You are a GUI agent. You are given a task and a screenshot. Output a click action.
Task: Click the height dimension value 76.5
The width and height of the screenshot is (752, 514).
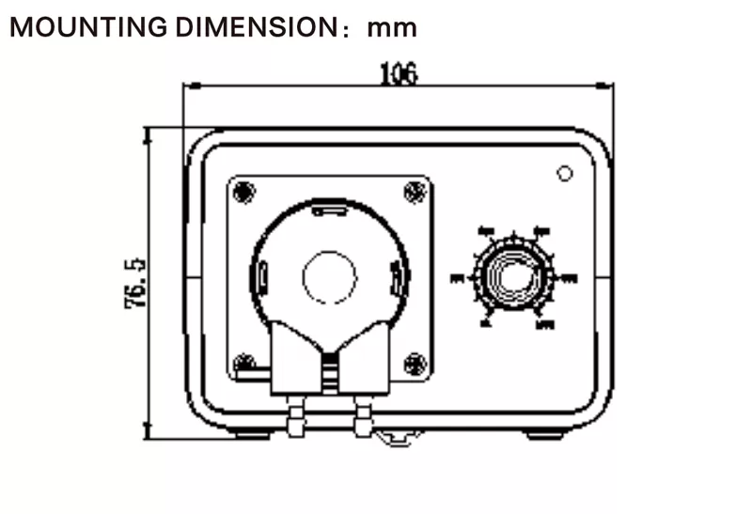coord(134,283)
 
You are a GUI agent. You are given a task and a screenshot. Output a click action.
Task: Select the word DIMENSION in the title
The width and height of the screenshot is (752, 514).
coord(253,27)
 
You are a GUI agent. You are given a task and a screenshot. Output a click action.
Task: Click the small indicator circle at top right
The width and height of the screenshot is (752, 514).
coord(565,174)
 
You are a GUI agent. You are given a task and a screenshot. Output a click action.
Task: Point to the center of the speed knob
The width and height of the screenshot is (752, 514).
coord(510,277)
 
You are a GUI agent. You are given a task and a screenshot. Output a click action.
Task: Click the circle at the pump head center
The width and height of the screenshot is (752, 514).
coord(330,277)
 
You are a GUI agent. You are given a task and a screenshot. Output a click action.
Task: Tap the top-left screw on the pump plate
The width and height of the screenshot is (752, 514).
coord(243,192)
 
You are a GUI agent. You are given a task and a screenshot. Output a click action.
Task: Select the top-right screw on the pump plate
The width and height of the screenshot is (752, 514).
coord(414,192)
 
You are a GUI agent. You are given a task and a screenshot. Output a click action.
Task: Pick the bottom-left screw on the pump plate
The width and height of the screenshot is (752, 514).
coord(243,362)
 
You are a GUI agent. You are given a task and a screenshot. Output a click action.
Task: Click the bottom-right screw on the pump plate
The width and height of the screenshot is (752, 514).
coord(414,362)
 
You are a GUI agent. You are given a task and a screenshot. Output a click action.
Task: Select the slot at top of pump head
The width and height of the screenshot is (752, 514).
coord(329,210)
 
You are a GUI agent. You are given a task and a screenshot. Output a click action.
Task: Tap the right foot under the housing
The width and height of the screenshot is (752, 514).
coord(544,435)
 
